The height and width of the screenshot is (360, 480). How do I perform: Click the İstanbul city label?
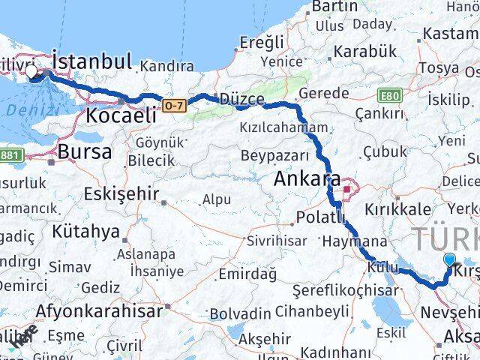(x=92, y=60)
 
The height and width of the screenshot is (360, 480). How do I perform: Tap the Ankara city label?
(x=307, y=180)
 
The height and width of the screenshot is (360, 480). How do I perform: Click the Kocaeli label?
(x=121, y=115)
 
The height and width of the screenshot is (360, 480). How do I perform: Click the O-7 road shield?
(x=173, y=106)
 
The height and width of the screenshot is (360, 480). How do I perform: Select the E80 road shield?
(x=390, y=95)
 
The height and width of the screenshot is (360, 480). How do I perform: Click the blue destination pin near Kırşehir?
(x=449, y=261)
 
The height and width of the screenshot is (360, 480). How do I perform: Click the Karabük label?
(x=364, y=51)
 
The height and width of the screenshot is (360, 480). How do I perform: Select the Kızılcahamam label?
(x=283, y=127)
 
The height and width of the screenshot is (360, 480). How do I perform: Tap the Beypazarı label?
(x=275, y=156)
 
